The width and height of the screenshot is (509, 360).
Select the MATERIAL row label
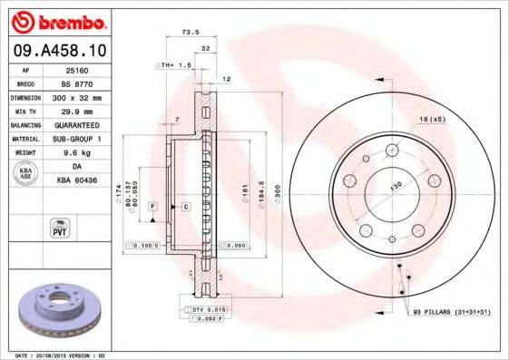point(24,138)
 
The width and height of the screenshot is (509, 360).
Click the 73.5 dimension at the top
point(191,32)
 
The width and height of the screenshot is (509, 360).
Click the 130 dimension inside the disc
point(395,186)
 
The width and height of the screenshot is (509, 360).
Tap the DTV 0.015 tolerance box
point(208,310)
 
